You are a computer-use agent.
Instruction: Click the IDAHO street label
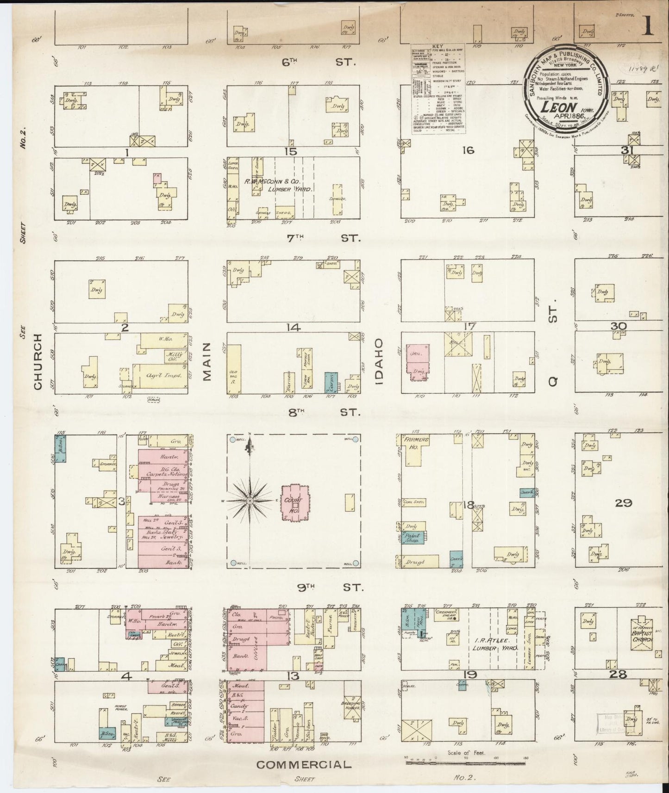tap(380, 362)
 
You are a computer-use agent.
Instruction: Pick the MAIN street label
tap(206, 362)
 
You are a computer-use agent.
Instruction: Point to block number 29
tap(623, 502)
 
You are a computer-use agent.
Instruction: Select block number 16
tap(468, 150)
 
